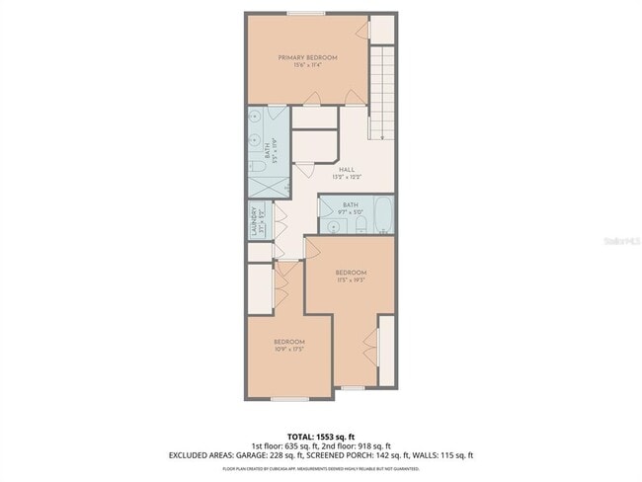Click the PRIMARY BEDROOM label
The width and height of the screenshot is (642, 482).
tap(307, 57)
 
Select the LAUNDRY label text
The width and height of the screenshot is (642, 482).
tap(256, 220)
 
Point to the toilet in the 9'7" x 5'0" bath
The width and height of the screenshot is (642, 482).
tap(361, 227)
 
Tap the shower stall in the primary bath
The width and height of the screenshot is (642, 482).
tap(267, 182)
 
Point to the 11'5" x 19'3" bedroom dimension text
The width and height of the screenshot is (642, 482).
tap(351, 281)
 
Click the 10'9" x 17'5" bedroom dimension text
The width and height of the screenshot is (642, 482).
tap(288, 349)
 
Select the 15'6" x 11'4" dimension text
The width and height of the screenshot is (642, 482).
tap(307, 65)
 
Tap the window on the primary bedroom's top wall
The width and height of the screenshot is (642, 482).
tap(307, 14)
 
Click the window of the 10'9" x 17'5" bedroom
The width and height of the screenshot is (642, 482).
tap(288, 398)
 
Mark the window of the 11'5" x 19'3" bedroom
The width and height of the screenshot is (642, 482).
tap(351, 388)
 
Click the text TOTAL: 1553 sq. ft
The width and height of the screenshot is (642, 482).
tap(321, 436)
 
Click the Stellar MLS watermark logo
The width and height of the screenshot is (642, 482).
tap(617, 240)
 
